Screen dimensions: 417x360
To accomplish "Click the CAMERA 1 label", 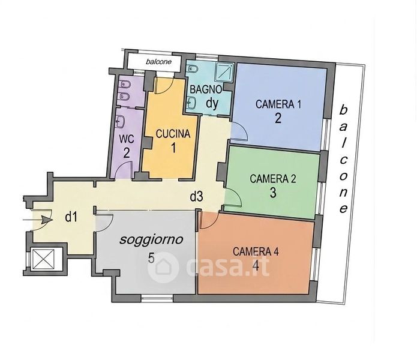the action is (278, 104).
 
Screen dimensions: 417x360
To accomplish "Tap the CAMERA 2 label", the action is (273, 179).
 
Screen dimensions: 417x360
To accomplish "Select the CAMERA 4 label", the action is (256, 251).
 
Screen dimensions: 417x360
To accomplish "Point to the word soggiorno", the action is (151, 240).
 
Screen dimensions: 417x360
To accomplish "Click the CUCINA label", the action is (173, 134).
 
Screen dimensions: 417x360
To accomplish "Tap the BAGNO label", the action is (206, 89).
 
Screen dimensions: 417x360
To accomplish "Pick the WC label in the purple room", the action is (127, 139).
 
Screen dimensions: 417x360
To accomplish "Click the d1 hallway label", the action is (71, 217).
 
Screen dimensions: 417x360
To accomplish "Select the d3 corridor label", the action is (197, 197).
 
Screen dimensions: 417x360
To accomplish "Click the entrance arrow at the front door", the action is (37, 220).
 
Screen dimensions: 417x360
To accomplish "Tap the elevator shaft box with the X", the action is (43, 259).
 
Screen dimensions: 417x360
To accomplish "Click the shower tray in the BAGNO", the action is (224, 71).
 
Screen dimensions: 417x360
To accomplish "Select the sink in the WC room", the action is (120, 122).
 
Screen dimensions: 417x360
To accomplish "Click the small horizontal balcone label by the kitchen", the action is (158, 62).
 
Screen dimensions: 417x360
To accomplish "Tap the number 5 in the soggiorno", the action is (151, 257).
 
